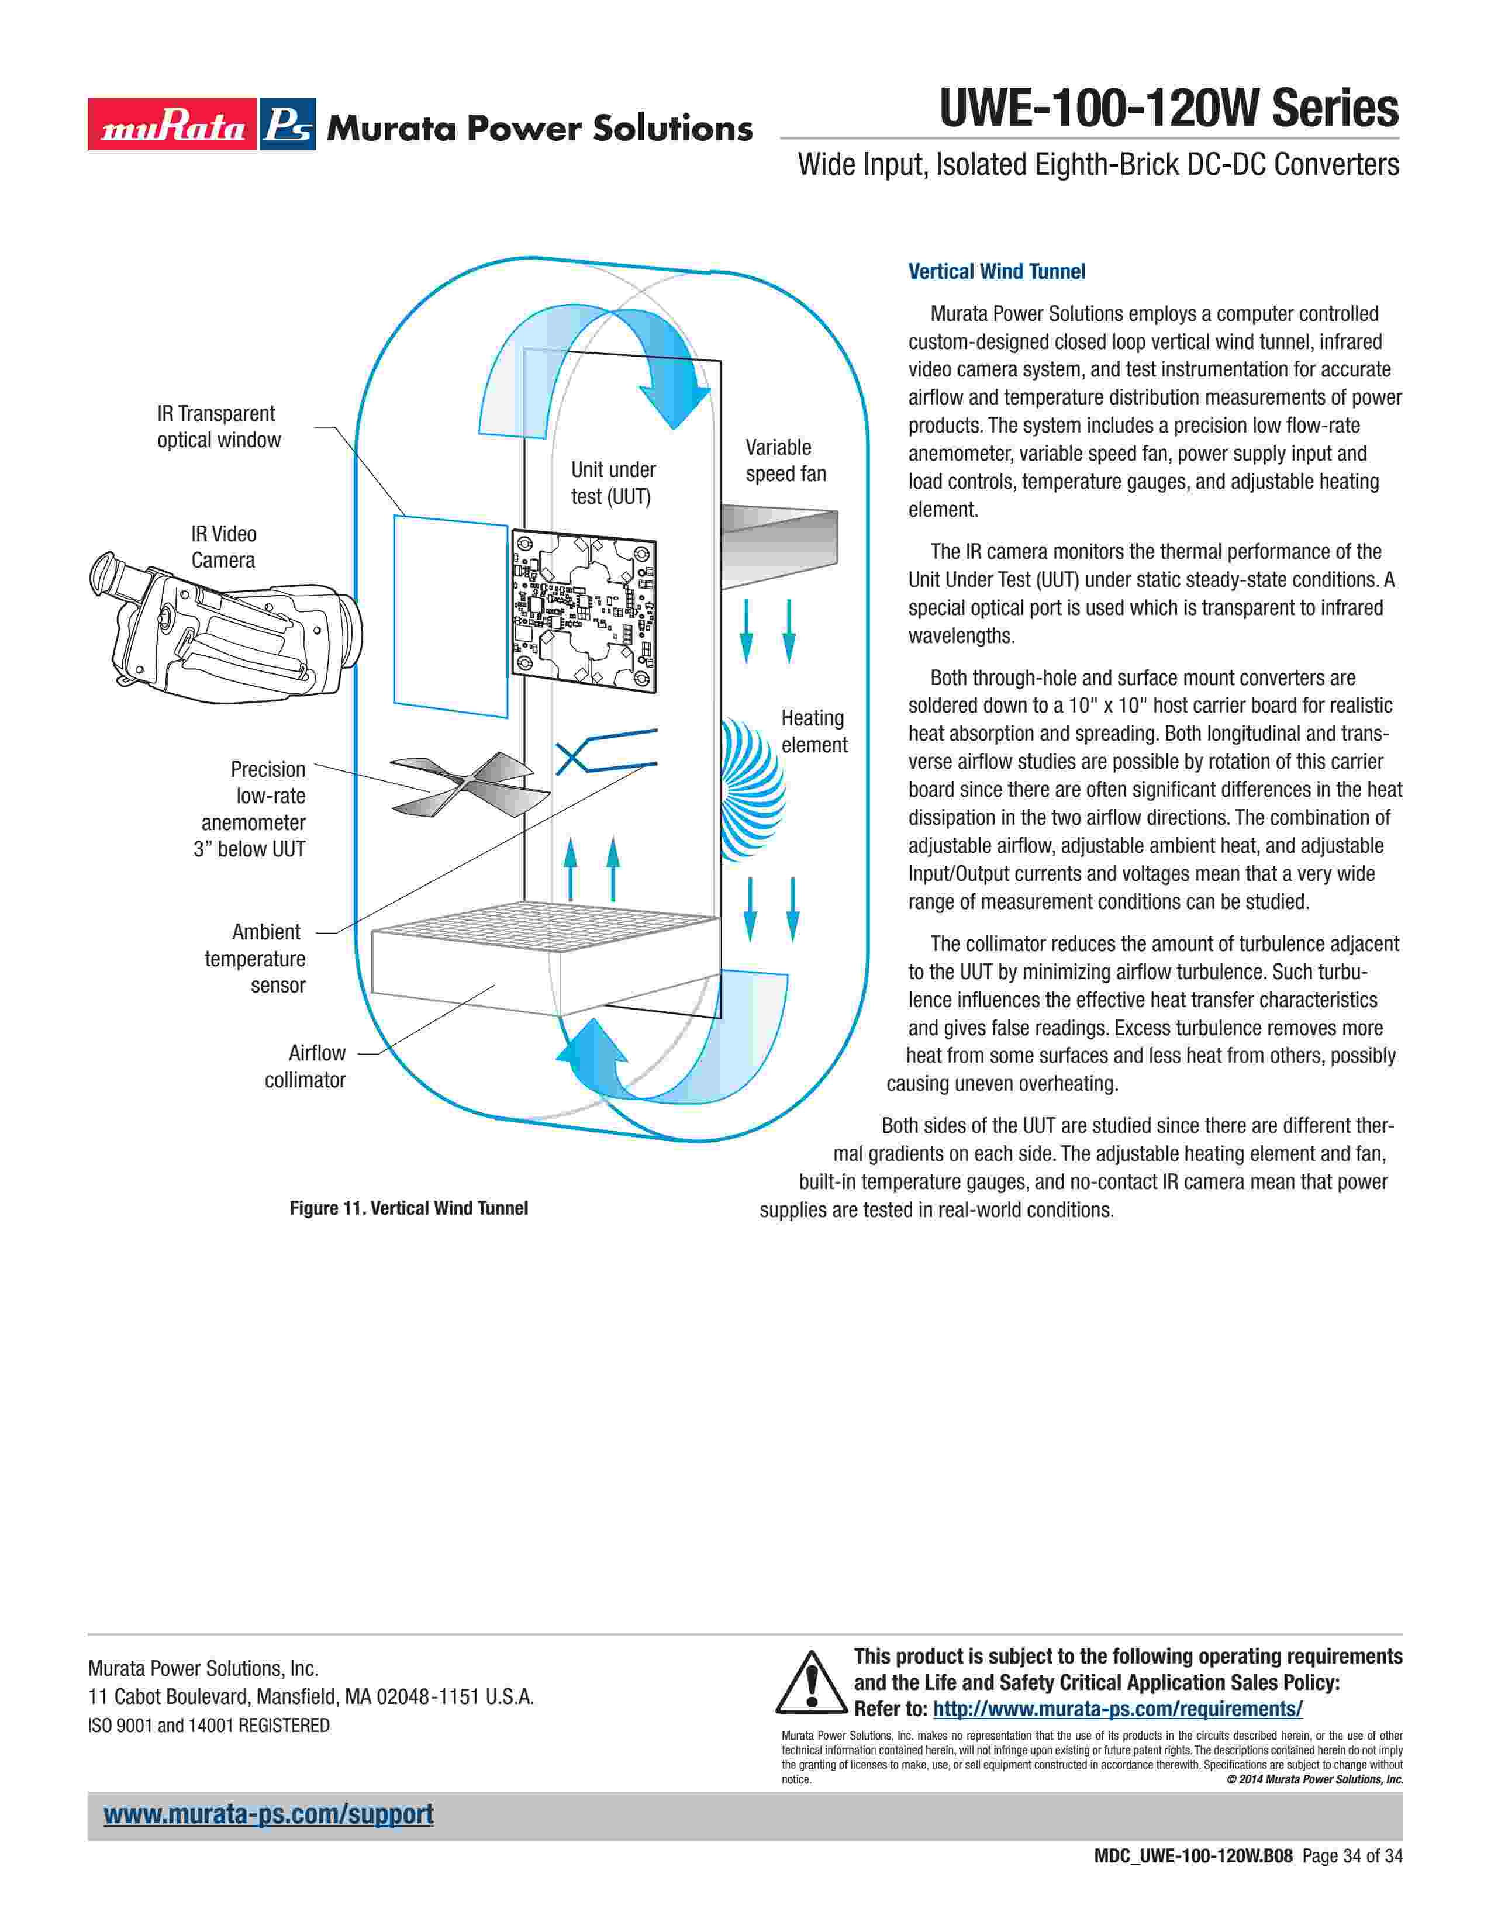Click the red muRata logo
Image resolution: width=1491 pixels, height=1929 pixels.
point(172,125)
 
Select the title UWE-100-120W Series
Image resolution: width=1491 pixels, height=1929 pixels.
point(1169,109)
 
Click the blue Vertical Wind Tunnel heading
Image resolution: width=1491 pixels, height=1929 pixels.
point(996,272)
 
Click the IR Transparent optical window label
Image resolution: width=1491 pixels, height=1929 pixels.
point(218,427)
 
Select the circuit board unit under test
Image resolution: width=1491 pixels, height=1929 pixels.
point(583,611)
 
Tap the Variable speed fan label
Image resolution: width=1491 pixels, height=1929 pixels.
point(785,460)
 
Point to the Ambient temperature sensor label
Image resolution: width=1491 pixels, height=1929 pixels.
point(256,958)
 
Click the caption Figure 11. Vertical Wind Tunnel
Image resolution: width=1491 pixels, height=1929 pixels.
point(408,1208)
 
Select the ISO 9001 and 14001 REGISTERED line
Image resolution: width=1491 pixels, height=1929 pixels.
point(209,1725)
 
